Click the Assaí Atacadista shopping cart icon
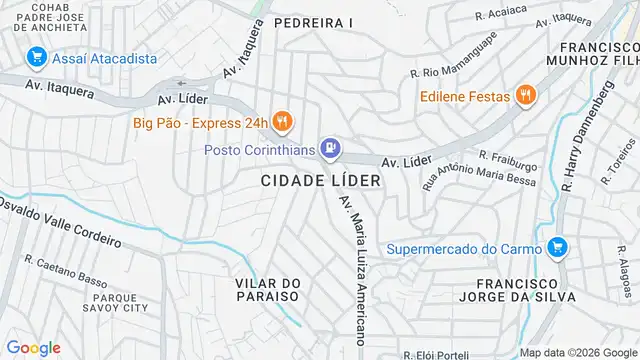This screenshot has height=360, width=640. tap(36, 58)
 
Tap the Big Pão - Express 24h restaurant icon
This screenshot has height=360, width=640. tap(283, 123)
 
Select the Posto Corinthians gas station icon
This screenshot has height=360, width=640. tap(329, 150)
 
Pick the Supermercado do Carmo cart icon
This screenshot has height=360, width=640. tap(558, 247)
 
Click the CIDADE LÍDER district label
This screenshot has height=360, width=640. tap(321, 181)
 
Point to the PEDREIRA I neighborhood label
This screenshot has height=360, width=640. tap(313, 22)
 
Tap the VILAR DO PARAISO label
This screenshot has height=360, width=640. tap(267, 290)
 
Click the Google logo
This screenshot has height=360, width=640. tap(33, 347)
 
